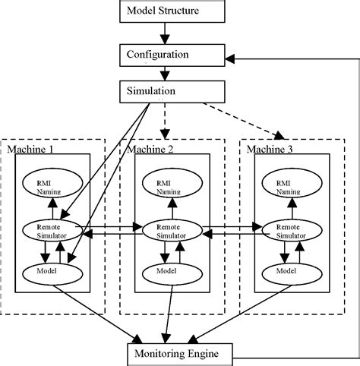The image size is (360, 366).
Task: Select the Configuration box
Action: [x=168, y=55]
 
